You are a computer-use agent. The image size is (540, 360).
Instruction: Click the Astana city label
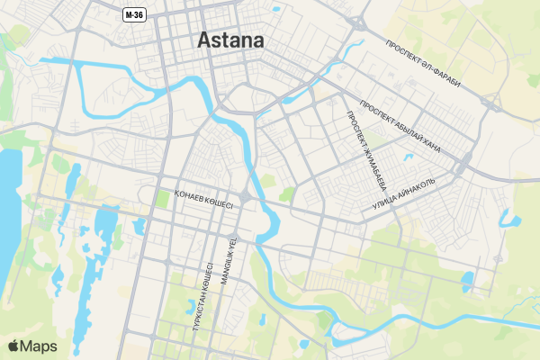coord(230,40)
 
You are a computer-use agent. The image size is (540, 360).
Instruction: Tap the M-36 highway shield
coord(134,14)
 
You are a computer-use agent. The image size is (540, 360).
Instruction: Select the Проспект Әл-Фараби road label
coord(422,64)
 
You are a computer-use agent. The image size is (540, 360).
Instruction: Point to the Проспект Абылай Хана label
coord(400,126)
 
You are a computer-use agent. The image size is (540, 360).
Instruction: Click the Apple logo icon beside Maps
coord(13,346)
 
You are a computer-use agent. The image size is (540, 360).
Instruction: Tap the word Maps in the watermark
coord(39,346)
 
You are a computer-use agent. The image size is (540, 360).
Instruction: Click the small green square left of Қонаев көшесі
coord(162,197)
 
